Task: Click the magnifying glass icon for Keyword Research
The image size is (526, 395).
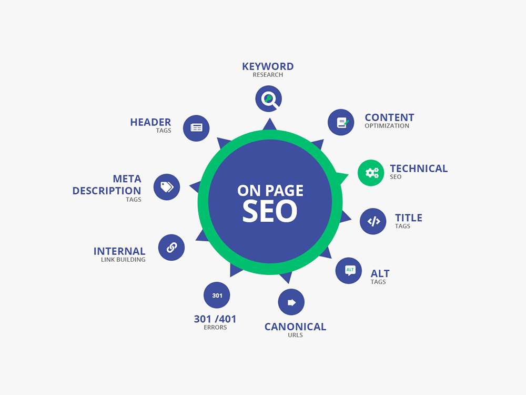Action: pos(268,99)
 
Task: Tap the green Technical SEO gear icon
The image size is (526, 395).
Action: pos(371,173)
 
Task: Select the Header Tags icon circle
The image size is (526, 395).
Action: pos(196,128)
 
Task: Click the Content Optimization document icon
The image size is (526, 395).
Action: pos(341,122)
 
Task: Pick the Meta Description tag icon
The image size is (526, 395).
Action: pos(167,187)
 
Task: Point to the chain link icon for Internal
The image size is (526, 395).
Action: pos(171,248)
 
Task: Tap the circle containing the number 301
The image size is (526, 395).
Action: pos(217,295)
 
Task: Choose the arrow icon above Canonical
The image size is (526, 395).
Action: pos(291,302)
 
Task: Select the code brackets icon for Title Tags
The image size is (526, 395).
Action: pos(373,221)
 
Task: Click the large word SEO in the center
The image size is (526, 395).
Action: pos(270,211)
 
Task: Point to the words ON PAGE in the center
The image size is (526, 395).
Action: pos(270,191)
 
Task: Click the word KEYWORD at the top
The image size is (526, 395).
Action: pos(268,66)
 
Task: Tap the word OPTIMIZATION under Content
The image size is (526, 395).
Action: pos(387,126)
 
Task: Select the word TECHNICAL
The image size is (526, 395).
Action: pos(419,169)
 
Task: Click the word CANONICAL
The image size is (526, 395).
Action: pos(295,327)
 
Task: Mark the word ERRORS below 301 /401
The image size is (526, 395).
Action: pos(215,328)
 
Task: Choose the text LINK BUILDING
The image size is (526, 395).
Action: pos(123,260)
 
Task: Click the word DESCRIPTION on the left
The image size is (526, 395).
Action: pos(107,191)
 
